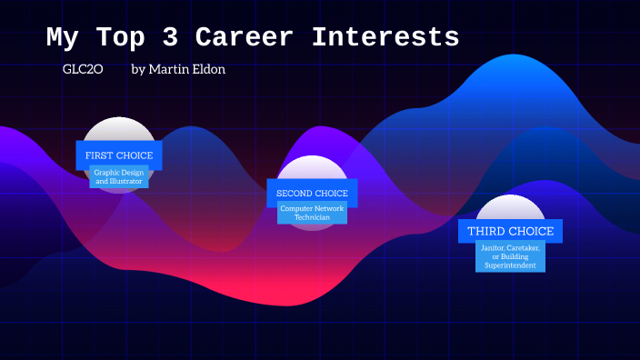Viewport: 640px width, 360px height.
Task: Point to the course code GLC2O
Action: (81, 69)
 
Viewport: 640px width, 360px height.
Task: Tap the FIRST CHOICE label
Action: (119, 155)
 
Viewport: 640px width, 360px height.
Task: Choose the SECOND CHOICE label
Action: (312, 194)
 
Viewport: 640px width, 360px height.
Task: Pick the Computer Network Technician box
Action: (312, 214)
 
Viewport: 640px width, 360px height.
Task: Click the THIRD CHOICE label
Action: (510, 231)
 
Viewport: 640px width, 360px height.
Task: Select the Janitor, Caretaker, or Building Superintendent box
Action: (510, 256)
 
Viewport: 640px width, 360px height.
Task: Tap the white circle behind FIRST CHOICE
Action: (119, 129)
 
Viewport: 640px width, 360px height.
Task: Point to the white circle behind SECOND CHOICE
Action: (312, 167)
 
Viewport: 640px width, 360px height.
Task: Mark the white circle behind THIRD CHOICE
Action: (510, 206)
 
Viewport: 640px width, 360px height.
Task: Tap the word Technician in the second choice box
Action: (312, 218)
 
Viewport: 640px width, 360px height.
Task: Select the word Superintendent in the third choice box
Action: (510, 265)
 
